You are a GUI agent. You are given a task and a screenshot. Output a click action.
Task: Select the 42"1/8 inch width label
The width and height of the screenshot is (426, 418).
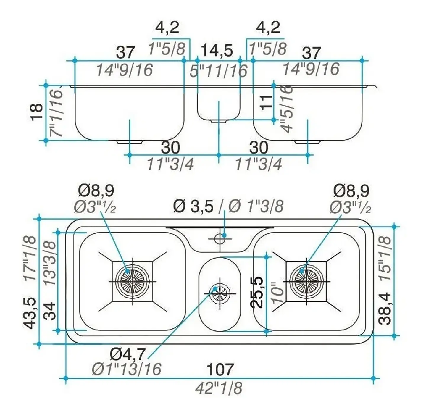[219, 388]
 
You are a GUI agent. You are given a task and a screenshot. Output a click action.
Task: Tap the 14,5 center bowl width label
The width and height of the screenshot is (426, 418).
[217, 51]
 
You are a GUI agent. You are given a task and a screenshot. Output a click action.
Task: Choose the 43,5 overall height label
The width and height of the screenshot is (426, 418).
[30, 313]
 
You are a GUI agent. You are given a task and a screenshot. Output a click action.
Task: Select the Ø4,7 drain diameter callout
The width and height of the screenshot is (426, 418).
[128, 353]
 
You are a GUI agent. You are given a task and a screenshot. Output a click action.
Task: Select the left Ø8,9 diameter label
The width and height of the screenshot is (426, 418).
[96, 191]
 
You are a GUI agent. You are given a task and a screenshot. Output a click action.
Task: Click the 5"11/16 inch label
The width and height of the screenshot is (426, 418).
[218, 71]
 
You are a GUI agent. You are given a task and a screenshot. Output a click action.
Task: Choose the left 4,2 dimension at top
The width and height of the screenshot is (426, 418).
[167, 27]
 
